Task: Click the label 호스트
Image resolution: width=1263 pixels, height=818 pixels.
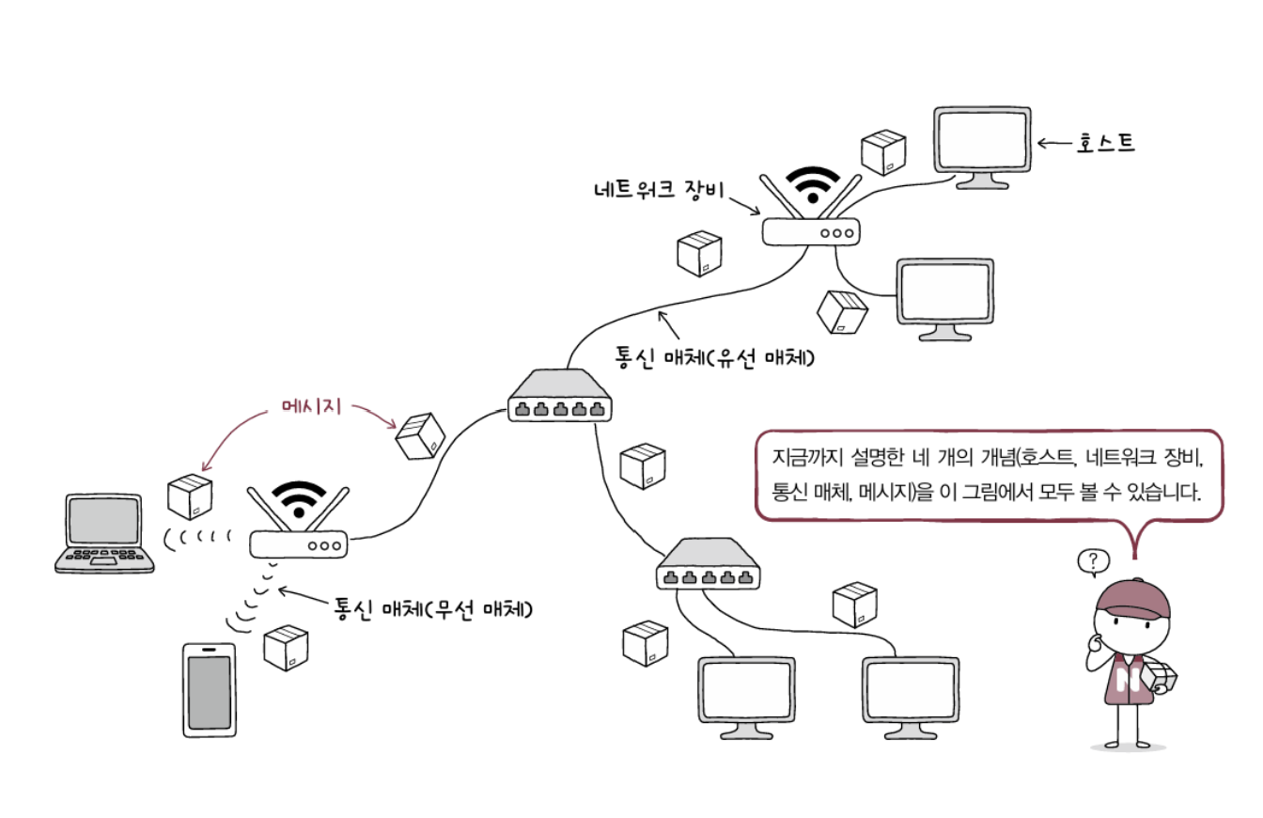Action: [x=1106, y=143]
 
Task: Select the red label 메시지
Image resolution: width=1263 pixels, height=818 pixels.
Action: [x=310, y=407]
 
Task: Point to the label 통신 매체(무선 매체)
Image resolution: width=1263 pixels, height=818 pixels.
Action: [x=434, y=609]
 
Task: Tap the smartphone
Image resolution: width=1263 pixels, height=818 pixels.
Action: [x=209, y=689]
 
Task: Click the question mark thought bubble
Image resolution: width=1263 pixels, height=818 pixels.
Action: [x=1092, y=562]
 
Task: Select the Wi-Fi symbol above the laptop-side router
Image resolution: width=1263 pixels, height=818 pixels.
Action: [x=298, y=498]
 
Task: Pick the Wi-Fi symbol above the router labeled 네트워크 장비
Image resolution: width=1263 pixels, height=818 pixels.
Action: [x=812, y=184]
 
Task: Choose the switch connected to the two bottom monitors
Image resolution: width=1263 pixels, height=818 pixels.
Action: [x=709, y=566]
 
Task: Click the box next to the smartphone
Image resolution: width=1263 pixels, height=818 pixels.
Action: [x=286, y=646]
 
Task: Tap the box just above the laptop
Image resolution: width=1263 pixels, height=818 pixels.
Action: [x=189, y=496]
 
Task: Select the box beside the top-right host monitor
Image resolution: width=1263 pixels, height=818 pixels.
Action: [x=883, y=150]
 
